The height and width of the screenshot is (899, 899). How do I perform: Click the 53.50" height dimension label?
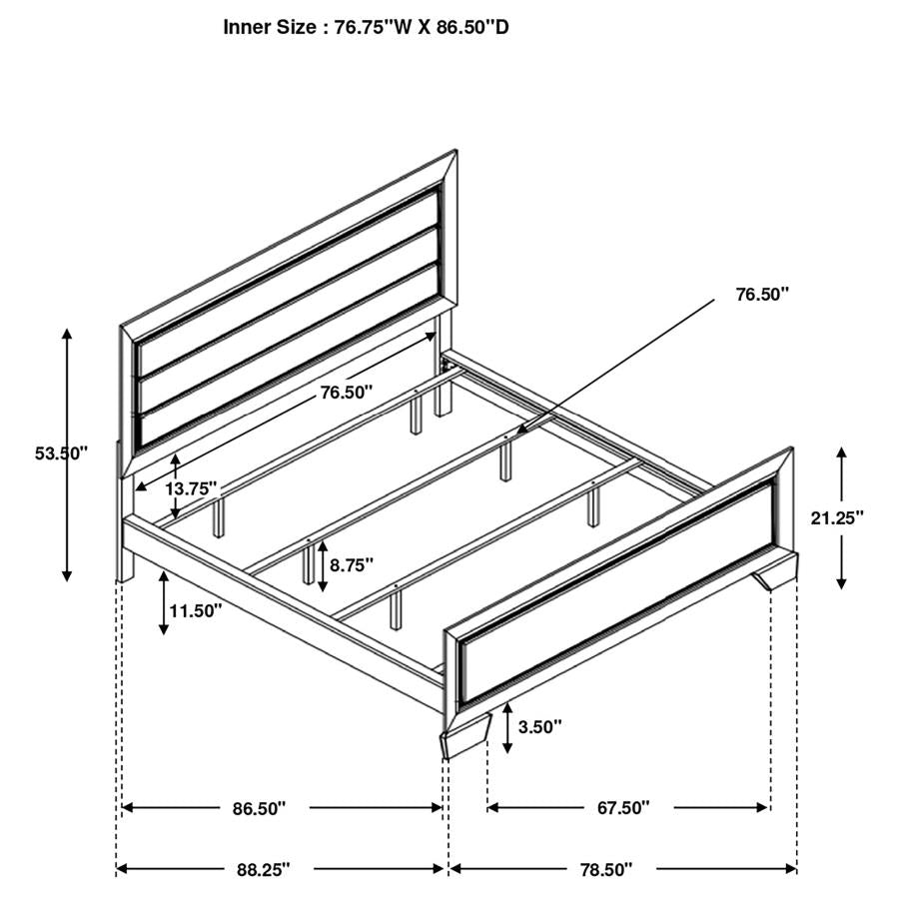point(61,452)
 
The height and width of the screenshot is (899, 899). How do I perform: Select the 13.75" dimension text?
point(191,488)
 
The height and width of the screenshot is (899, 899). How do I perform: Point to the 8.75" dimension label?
point(351,564)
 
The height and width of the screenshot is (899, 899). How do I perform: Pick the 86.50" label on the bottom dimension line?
point(260,807)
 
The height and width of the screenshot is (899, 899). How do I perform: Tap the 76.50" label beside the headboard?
point(346,393)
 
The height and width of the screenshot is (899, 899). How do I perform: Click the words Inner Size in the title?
point(269,27)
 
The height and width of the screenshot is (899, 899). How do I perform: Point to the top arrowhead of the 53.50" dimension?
point(67,334)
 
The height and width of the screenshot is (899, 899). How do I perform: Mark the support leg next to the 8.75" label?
point(308,567)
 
